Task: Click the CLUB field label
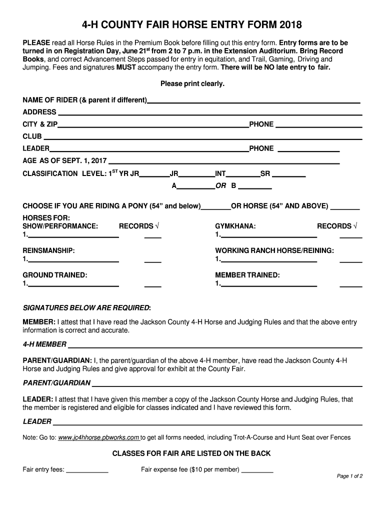(x=32, y=136)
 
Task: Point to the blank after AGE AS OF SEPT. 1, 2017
(x=224, y=162)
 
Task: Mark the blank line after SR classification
(x=291, y=175)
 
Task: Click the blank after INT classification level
(x=243, y=175)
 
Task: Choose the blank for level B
(x=255, y=187)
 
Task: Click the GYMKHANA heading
(x=235, y=226)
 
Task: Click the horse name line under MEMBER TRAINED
(x=268, y=285)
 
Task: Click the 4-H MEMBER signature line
(x=215, y=346)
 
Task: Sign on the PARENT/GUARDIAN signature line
(x=227, y=384)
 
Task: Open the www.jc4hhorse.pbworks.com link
(x=99, y=437)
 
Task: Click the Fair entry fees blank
(x=87, y=471)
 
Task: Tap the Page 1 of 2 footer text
(x=349, y=476)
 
